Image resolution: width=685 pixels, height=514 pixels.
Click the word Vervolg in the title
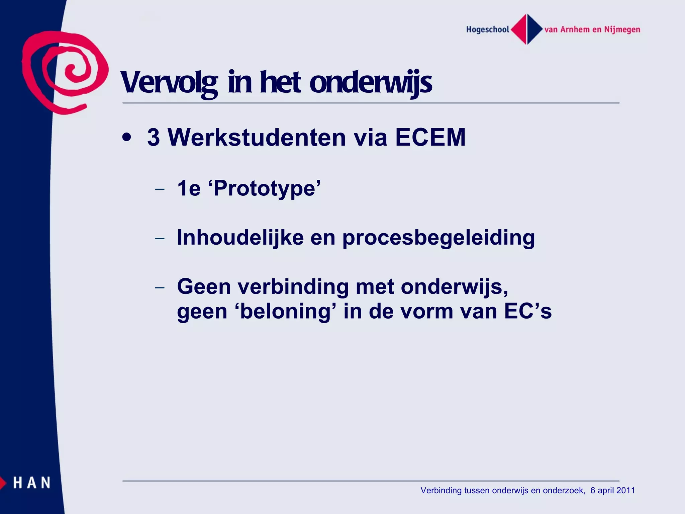(169, 83)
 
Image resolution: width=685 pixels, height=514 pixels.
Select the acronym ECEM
(430, 137)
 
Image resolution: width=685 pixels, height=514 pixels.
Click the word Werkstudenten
(257, 137)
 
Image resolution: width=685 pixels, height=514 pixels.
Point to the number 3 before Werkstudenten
(154, 137)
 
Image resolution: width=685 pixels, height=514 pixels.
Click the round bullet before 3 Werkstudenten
(126, 137)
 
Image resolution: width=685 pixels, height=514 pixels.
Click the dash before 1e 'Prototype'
(160, 189)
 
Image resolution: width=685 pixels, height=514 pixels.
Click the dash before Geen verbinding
(160, 287)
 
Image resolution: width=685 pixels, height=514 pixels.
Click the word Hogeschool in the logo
(487, 30)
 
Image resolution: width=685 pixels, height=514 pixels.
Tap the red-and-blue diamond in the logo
(527, 29)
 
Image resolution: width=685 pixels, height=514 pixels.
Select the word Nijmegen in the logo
(622, 30)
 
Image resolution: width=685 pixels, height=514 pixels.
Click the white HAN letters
(32, 483)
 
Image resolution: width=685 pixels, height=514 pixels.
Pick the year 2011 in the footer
(625, 491)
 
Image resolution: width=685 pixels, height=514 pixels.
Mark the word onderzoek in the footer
(563, 491)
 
